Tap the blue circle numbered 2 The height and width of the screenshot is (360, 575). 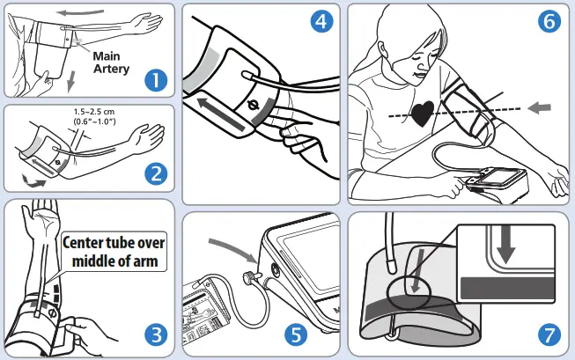[156, 173]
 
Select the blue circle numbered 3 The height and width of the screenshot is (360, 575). [156, 334]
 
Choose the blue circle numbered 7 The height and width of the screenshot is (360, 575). [548, 334]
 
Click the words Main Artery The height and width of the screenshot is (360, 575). [112, 62]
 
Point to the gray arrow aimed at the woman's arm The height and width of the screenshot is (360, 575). [538, 107]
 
